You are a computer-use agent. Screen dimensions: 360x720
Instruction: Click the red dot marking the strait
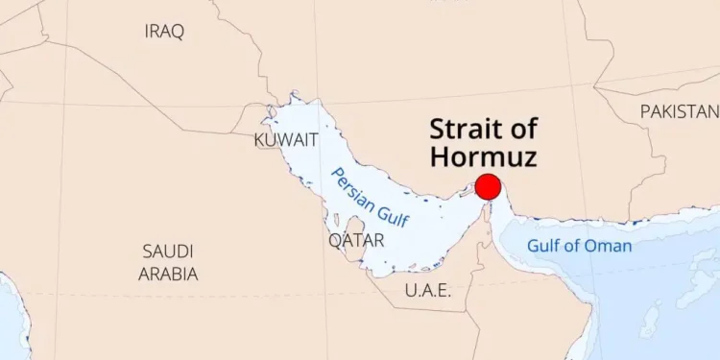pos(488,186)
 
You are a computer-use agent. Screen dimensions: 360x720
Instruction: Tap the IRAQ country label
pos(164,32)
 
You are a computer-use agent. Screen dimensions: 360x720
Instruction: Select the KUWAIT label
pos(286,140)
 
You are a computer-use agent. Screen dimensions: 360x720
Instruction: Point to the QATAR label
pos(356,240)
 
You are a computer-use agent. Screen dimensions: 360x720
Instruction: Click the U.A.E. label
pos(427,290)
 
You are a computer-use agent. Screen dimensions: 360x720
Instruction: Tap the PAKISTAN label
pos(679,112)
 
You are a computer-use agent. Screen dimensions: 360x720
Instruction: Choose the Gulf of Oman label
pos(579,246)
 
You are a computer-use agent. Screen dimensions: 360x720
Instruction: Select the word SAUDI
pos(168,252)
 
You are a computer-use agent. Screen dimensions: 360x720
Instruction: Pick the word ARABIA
pos(167,274)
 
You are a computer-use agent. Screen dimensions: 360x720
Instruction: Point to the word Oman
pos(609,246)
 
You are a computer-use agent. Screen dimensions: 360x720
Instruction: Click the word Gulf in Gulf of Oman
pos(544,246)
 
